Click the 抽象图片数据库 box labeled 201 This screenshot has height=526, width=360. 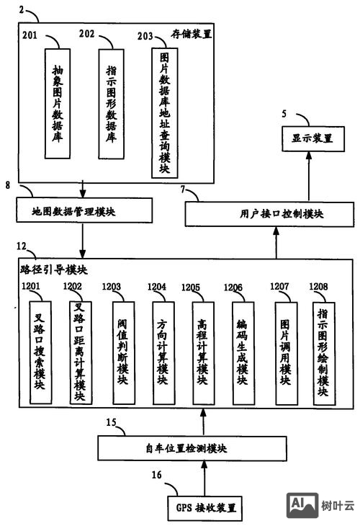58,103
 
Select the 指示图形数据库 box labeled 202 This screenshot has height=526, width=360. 112,103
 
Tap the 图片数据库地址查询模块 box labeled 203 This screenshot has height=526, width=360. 163,112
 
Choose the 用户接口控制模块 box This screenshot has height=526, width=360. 276,214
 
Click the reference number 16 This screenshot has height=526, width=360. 156,476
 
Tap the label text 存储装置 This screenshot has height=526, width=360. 191,34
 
